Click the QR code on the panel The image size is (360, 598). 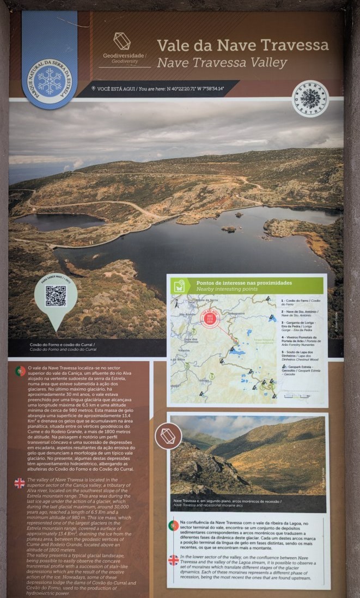click(x=56, y=296)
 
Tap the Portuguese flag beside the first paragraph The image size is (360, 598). click(x=20, y=371)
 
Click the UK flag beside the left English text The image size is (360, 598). click(x=20, y=483)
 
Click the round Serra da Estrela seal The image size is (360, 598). click(x=310, y=99)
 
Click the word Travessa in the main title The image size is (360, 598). click(x=293, y=45)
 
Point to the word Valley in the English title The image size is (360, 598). click(x=267, y=63)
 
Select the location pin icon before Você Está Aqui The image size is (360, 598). click(x=94, y=88)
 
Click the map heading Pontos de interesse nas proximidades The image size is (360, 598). click(x=244, y=283)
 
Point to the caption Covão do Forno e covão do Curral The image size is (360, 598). click(x=63, y=346)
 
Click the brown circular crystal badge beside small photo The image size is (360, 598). click(x=168, y=436)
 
